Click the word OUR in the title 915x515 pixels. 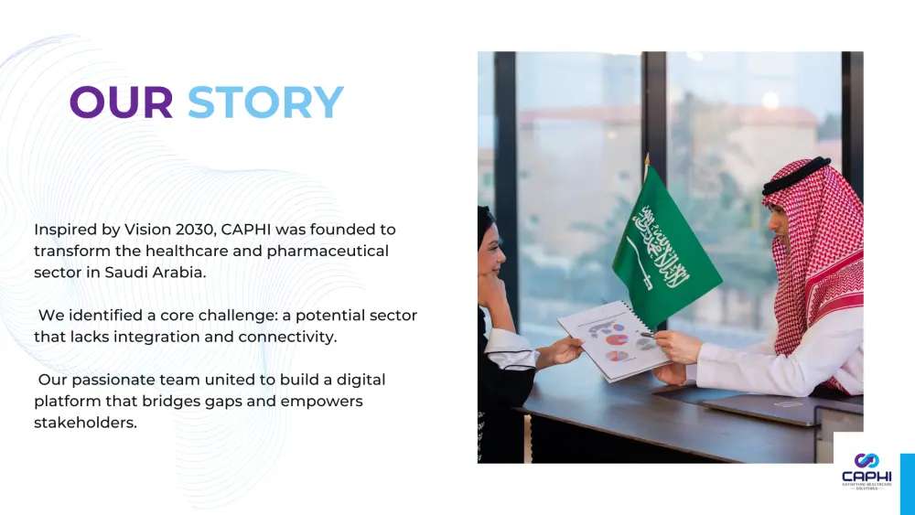[121, 102]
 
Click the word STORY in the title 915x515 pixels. [265, 102]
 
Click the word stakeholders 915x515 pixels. [85, 423]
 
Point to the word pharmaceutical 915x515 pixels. [328, 251]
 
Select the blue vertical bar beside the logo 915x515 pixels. [907, 483]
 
